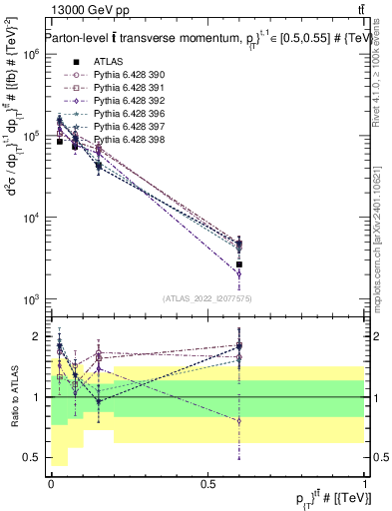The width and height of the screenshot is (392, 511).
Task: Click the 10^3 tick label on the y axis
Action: (31, 300)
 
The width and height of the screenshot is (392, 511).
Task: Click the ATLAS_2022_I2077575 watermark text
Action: (207, 298)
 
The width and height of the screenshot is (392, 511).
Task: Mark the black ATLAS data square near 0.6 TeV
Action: (239, 264)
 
